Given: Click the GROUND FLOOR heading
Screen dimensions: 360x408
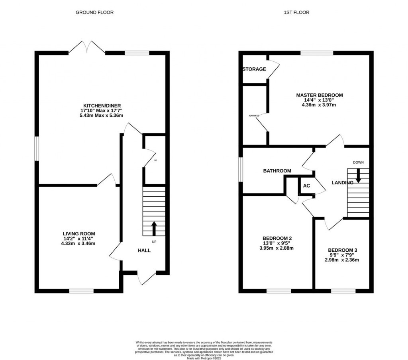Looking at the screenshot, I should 94,12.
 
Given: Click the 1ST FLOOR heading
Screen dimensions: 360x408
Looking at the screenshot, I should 296,12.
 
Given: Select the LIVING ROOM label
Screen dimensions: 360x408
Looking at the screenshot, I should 79,234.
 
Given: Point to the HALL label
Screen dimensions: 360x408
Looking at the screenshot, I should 144,250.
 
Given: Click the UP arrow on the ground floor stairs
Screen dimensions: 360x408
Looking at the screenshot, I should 154,229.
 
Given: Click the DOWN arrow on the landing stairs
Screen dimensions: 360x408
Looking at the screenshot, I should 358,176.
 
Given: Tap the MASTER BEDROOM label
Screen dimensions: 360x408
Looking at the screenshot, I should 319,95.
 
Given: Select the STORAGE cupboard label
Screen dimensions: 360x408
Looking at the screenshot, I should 254,69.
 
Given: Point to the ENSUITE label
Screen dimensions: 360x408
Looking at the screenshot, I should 254,115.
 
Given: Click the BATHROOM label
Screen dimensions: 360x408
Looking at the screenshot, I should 277,171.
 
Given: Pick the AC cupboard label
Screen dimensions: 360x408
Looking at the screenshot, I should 307,186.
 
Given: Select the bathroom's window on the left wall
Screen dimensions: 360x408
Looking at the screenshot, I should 241,170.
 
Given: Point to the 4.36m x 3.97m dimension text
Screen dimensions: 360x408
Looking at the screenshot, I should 319,105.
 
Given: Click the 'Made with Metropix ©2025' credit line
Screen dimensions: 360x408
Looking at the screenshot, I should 204,358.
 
